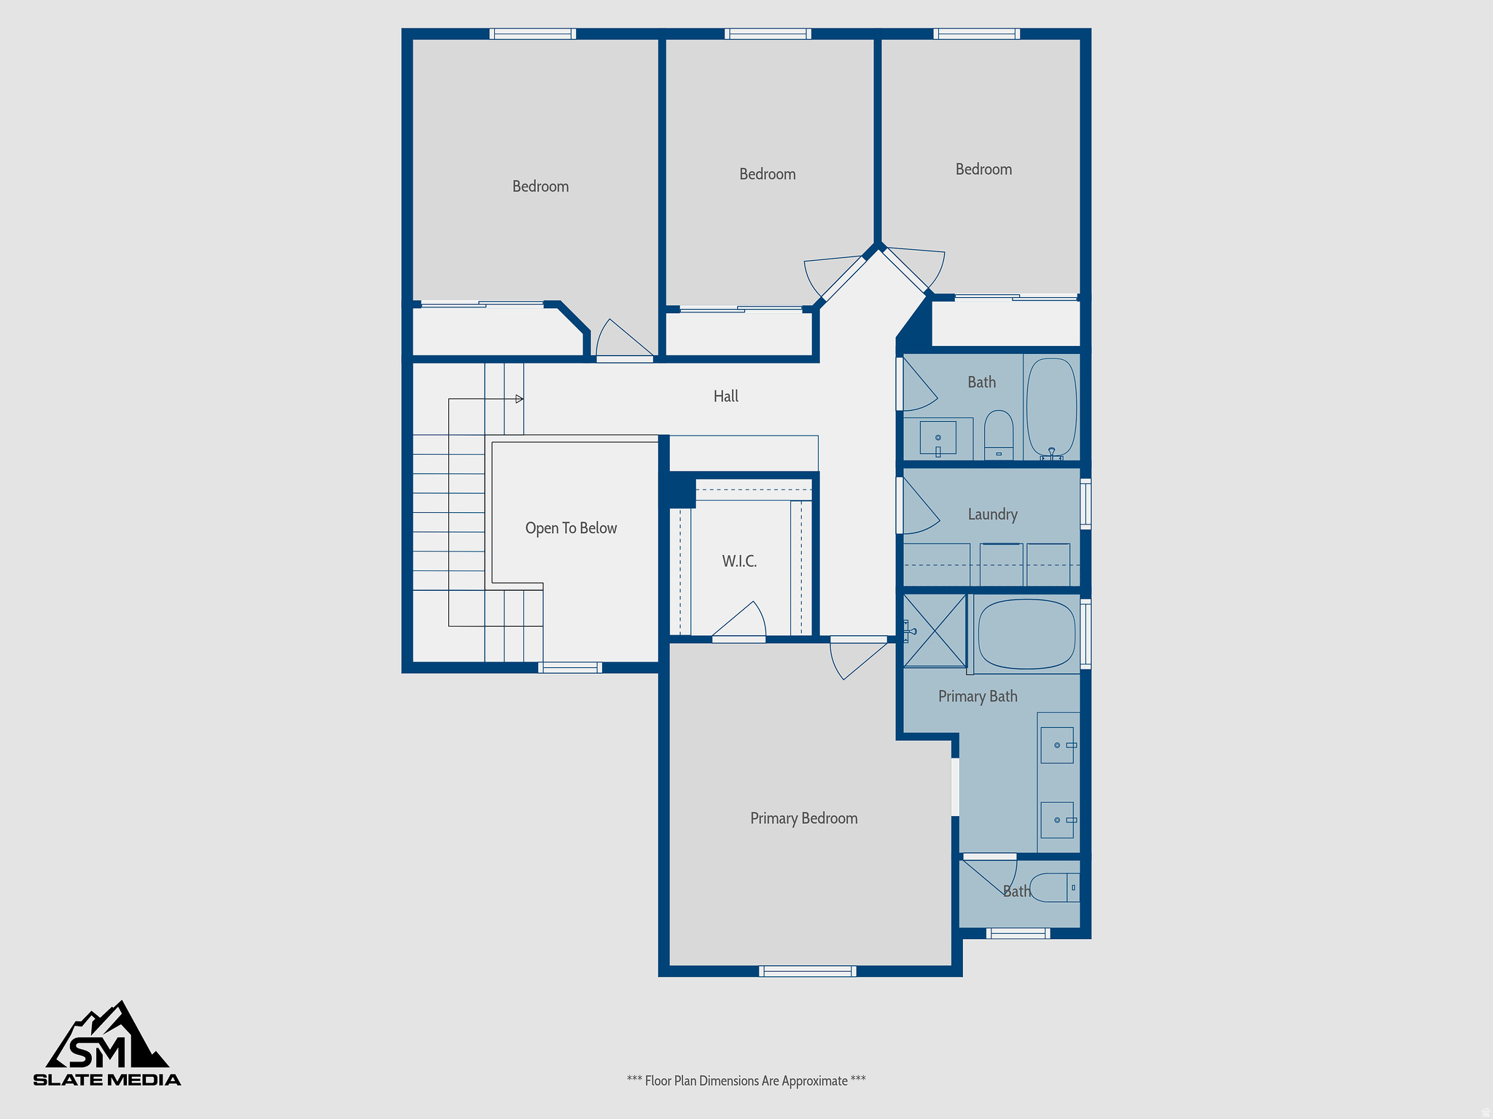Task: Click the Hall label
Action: [725, 396]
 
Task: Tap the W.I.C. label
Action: [739, 561]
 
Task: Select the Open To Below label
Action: [571, 528]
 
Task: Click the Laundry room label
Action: [992, 514]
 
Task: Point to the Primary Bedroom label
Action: [803, 818]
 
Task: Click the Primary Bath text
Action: [977, 696]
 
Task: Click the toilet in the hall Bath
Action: [999, 434]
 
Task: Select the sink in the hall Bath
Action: [937, 438]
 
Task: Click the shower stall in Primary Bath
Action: [935, 631]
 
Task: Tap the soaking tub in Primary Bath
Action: [1026, 634]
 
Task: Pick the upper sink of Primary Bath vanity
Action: [1057, 745]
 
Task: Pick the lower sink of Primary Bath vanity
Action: [1057, 820]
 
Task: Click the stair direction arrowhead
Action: [520, 399]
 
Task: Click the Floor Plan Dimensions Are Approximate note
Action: [746, 1080]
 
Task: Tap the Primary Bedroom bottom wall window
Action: [807, 970]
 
